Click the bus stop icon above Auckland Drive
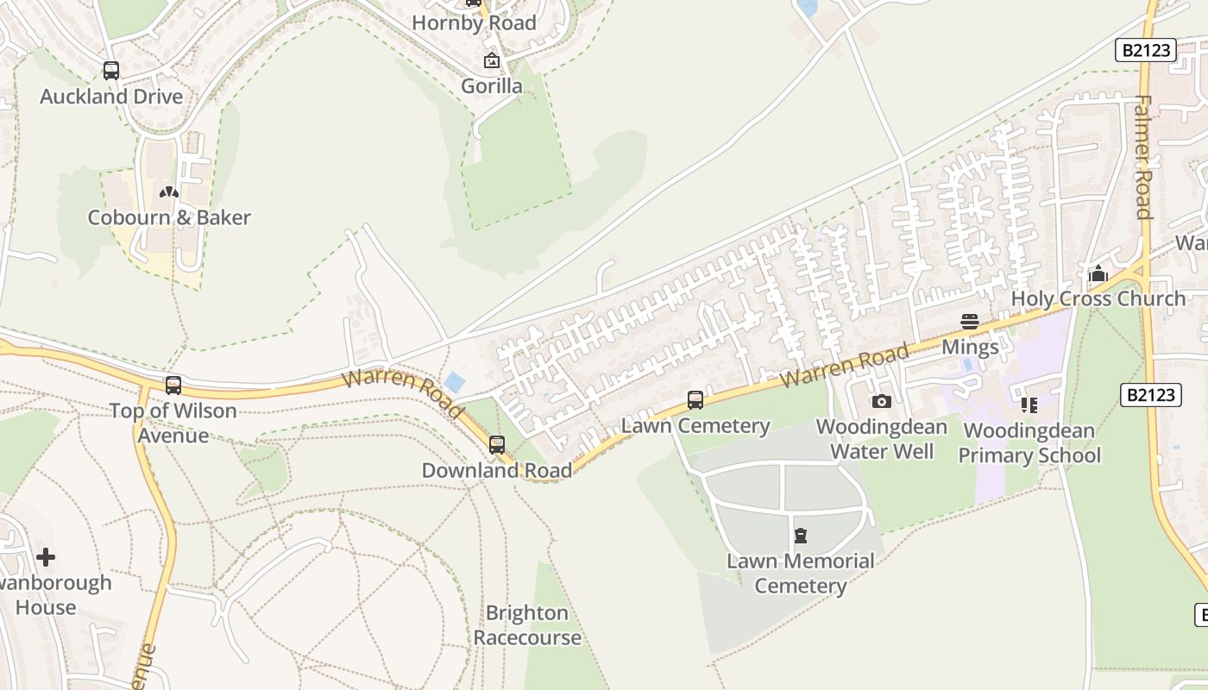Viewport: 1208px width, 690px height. tap(111, 71)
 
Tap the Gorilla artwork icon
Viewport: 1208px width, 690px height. tap(492, 60)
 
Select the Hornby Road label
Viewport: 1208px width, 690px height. tap(474, 23)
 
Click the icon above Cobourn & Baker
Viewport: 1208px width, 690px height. tap(169, 192)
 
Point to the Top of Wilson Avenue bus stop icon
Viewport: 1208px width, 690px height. tap(173, 386)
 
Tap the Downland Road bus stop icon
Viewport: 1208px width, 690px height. tap(497, 445)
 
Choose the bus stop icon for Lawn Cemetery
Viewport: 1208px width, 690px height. tap(695, 400)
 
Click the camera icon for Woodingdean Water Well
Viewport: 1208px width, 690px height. tap(881, 401)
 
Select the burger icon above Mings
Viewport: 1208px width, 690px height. tap(970, 322)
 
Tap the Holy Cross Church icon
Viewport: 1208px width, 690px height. tap(1098, 274)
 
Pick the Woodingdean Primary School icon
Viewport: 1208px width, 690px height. tap(1029, 405)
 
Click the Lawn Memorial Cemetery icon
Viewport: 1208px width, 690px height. tap(801, 536)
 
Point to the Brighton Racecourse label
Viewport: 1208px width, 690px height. tap(527, 625)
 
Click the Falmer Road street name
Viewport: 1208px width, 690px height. tap(1143, 157)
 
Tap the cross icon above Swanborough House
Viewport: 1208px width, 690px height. tap(46, 557)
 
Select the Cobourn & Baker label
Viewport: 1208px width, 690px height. tap(169, 217)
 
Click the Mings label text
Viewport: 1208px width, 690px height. tap(970, 348)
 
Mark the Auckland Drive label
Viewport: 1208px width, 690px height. tap(111, 97)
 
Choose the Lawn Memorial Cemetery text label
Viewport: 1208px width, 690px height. tap(801, 574)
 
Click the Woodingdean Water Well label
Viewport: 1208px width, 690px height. tap(881, 439)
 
